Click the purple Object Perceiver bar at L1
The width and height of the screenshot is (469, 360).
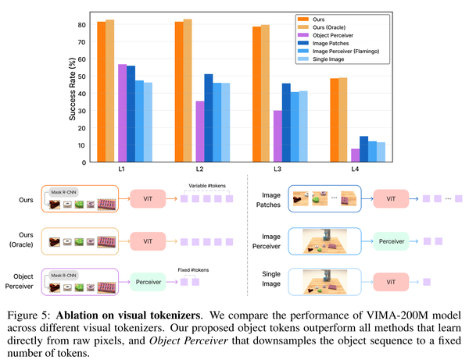[x=122, y=112]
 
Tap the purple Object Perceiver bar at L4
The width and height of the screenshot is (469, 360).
[x=356, y=155]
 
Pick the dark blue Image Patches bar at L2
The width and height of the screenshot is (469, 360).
[x=208, y=118]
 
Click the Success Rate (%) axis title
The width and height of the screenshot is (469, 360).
[x=72, y=87]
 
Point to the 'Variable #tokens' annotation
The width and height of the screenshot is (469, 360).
[x=206, y=186]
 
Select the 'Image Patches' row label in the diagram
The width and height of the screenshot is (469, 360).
[x=264, y=200]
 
